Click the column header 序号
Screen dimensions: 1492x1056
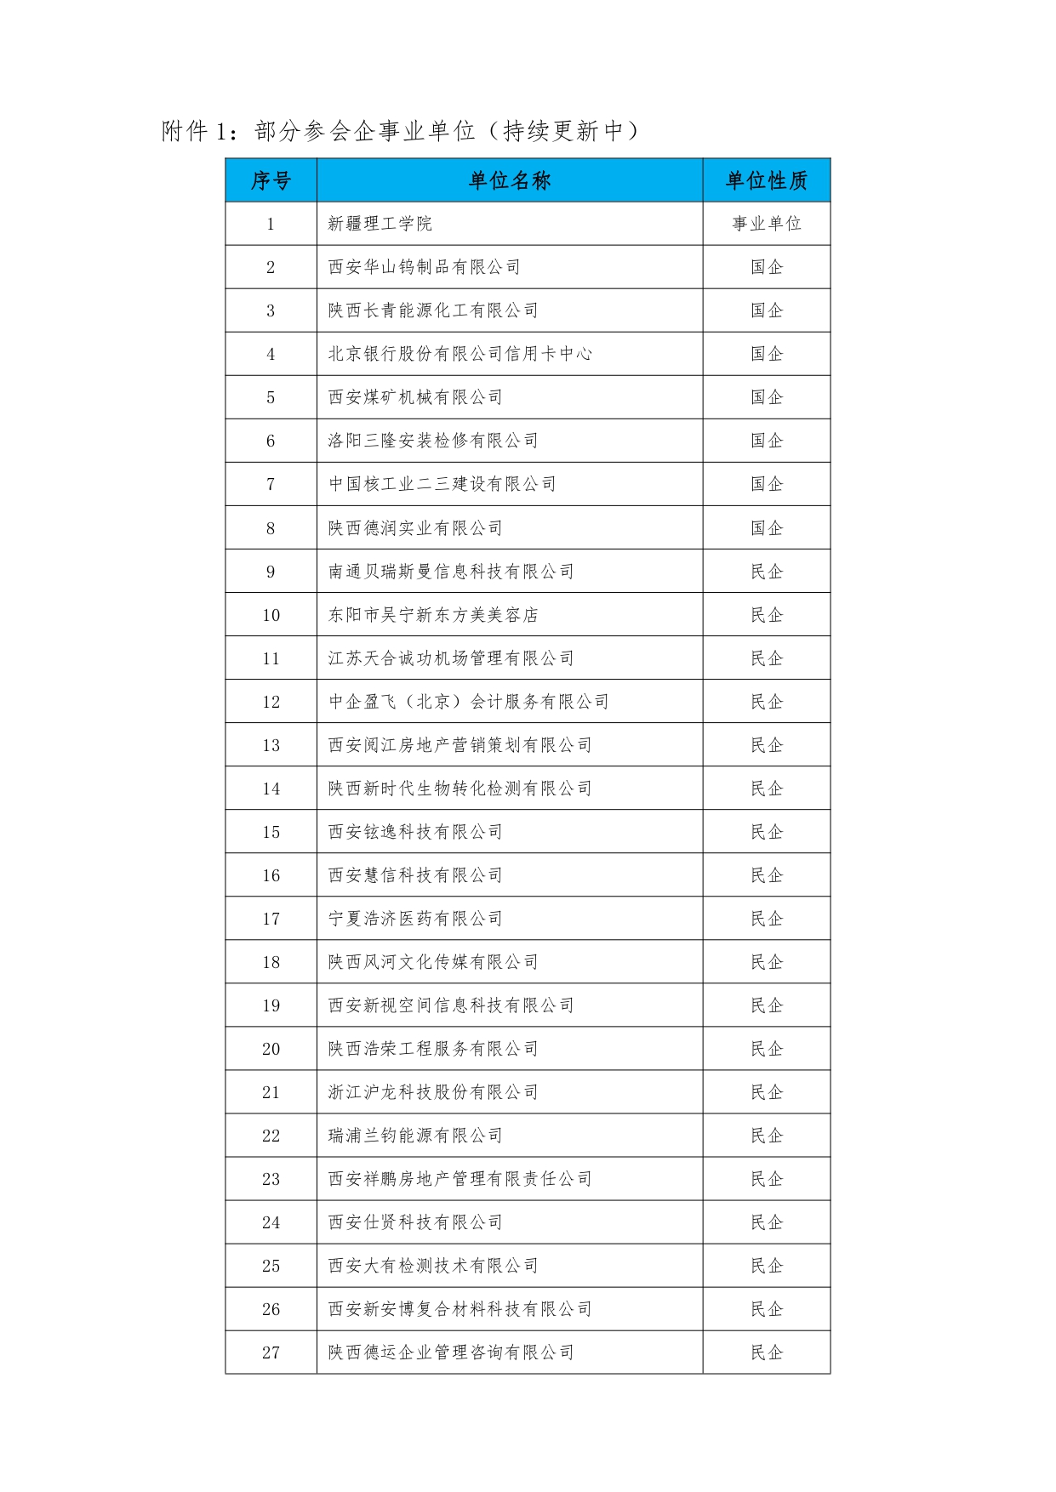[x=271, y=180]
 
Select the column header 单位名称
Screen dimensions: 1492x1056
[x=510, y=180]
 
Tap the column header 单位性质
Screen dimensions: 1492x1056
[x=766, y=180]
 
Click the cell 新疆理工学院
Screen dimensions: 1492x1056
[x=380, y=224]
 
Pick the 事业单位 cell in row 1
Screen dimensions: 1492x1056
[x=766, y=224]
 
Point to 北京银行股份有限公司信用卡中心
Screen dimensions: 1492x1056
[x=460, y=354]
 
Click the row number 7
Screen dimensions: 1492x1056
[x=271, y=485]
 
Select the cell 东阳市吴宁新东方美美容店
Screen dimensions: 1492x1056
[x=433, y=615]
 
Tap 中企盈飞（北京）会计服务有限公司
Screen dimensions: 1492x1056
[x=468, y=702]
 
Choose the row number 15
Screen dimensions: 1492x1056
[x=271, y=832]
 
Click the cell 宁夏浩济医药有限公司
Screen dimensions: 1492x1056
[x=415, y=919]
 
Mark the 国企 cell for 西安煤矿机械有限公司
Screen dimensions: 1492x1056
[x=766, y=397]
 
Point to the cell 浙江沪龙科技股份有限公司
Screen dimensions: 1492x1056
[x=433, y=1092]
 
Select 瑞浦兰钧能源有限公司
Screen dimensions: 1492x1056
[x=415, y=1136]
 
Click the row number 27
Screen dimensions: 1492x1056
[x=271, y=1352]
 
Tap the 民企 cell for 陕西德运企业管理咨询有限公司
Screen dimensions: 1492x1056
[x=766, y=1352]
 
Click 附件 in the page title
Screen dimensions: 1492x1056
[x=185, y=131]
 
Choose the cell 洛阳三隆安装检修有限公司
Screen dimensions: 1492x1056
[x=433, y=441]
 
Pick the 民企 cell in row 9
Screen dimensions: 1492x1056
[x=766, y=572]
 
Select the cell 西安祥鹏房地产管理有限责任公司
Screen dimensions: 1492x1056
[x=460, y=1179]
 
